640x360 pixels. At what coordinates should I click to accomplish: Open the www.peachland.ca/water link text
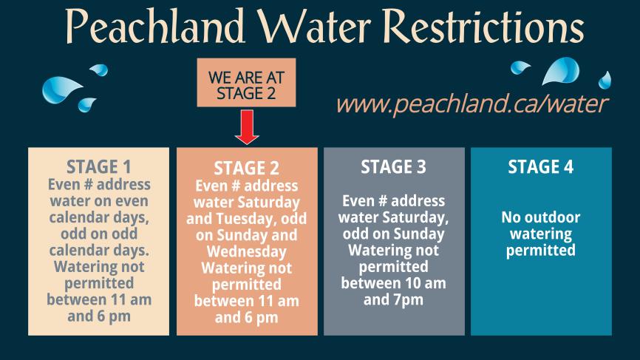tap(471, 104)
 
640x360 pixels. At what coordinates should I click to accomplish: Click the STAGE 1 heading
tap(98, 166)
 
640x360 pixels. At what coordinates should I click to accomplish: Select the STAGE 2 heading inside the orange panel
tap(246, 169)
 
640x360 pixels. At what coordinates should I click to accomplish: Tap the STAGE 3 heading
tap(393, 167)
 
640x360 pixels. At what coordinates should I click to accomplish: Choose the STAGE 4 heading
tap(541, 167)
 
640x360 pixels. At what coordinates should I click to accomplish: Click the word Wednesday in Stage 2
tap(246, 251)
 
